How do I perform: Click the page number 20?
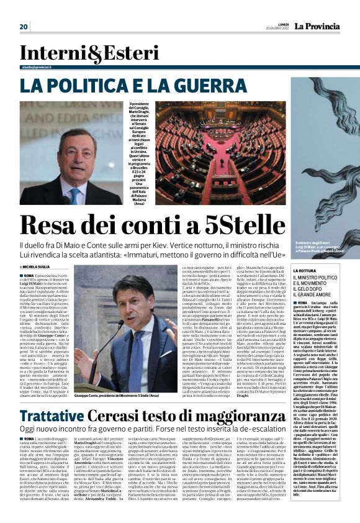point(24,27)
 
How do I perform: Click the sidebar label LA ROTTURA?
point(305,271)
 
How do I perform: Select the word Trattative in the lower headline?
point(52,416)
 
